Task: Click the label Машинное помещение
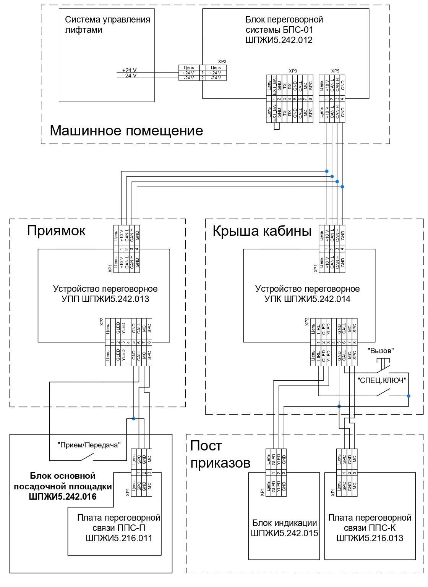click(x=126, y=131)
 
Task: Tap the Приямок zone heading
click(x=56, y=231)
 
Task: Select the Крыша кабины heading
click(x=262, y=231)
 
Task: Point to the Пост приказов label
click(x=220, y=454)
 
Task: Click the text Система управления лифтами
click(x=107, y=25)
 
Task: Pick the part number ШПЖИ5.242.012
click(x=279, y=40)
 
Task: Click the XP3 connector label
click(x=293, y=71)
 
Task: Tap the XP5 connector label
click(x=335, y=71)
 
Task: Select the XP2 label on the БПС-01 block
click(x=222, y=61)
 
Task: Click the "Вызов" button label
click(x=381, y=351)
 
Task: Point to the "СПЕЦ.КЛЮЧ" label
click(x=382, y=380)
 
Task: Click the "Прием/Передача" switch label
click(x=89, y=445)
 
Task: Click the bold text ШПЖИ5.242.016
click(x=63, y=497)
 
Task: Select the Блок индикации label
click(x=285, y=523)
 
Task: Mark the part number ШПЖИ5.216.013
click(x=370, y=538)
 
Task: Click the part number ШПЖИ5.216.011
click(x=119, y=538)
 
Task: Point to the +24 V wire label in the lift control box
click(x=129, y=70)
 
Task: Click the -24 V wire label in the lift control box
click(x=130, y=76)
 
